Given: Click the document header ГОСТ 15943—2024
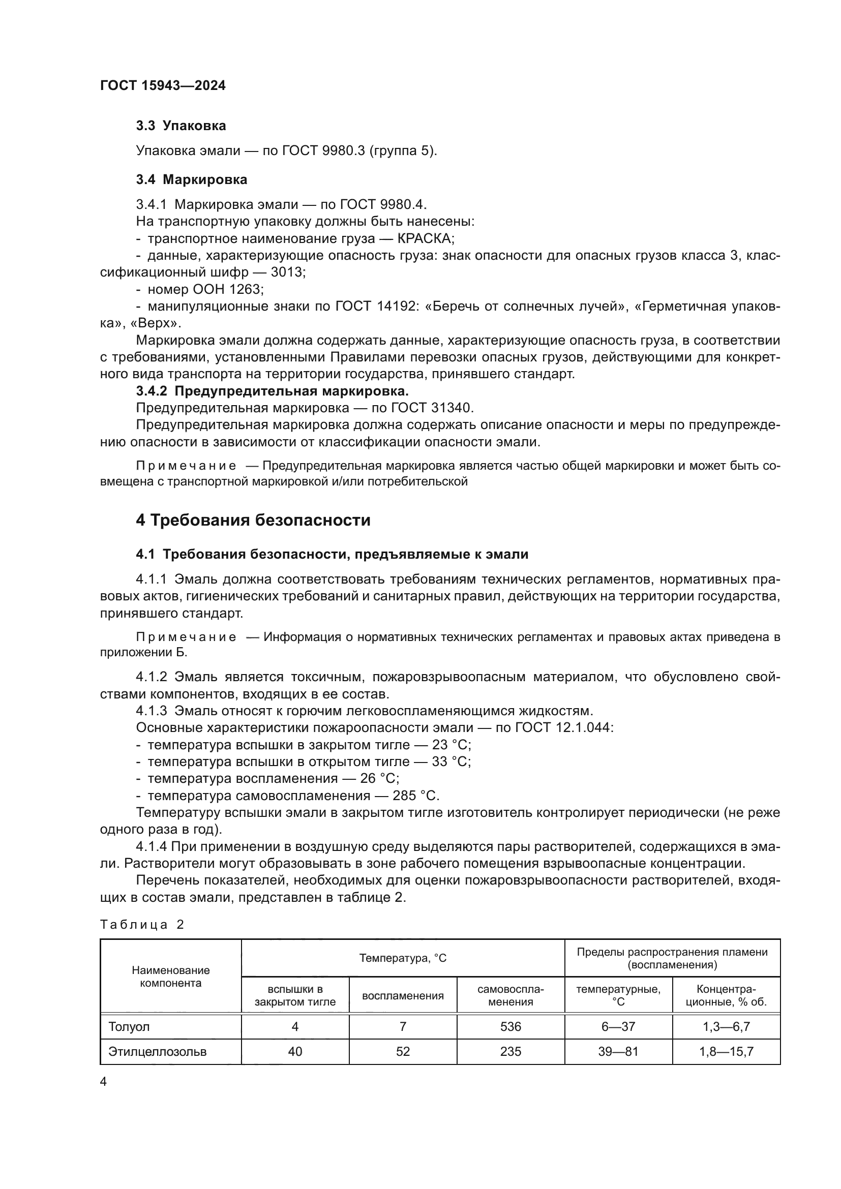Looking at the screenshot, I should coord(163,86).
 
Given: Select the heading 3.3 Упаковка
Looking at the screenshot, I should coord(181,126).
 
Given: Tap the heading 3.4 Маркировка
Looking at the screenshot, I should coord(191,179).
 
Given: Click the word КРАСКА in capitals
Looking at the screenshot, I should coord(425,239).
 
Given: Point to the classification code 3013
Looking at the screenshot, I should coord(287,272).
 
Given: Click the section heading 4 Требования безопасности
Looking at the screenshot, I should coord(253,521).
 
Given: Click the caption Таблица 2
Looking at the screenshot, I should coord(142,925).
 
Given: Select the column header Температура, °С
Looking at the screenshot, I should coord(402,958).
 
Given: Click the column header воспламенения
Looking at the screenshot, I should coord(402,995).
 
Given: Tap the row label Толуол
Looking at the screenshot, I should coord(129,1026).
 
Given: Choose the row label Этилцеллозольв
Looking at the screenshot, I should coord(157,1051).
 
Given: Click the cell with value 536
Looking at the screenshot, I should coord(510,1026).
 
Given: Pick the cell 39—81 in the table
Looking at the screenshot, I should coord(618,1051).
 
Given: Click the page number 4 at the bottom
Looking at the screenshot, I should coord(103,1082).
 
